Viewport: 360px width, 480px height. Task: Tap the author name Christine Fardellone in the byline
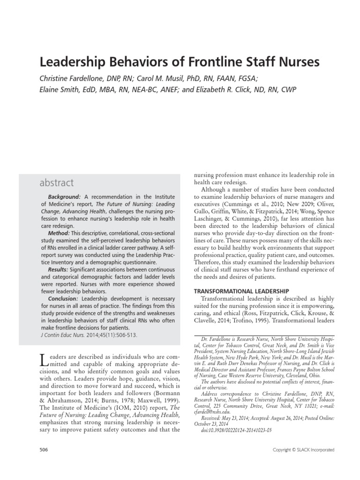click(x=71, y=78)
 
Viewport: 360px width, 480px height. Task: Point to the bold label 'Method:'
click(x=58, y=233)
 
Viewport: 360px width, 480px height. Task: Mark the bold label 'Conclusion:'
click(x=64, y=298)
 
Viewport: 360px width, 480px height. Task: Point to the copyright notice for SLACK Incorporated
click(x=304, y=450)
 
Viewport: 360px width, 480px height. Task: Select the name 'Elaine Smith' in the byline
click(x=57, y=89)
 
